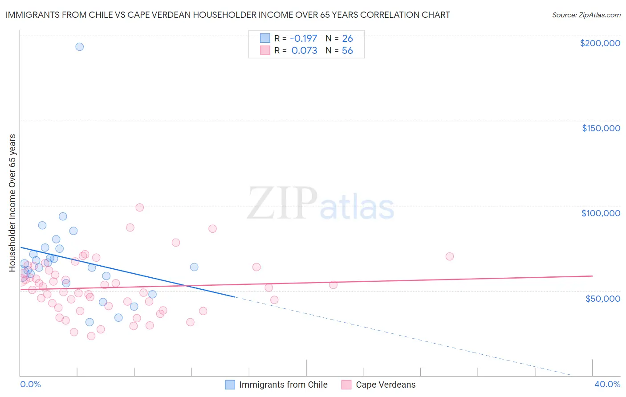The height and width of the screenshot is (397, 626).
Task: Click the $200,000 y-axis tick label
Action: pos(600,43)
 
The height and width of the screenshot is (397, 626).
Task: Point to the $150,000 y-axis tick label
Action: pos(601,128)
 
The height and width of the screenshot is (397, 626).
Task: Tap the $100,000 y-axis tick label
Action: pos(601,213)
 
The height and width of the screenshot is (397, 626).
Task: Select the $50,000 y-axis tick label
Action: pos(602,298)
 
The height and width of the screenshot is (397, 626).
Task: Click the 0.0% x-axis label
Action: pos(30,384)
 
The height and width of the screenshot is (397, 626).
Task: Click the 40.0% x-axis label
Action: pos(607,384)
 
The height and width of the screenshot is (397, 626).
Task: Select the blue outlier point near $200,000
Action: pos(80,47)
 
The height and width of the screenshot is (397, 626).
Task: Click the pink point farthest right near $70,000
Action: pos(450,256)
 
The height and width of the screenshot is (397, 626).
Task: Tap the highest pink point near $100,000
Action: pos(140,207)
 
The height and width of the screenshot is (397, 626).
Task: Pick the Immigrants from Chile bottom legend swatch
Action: pos(230,385)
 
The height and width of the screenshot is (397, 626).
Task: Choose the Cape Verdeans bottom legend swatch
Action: pos(346,385)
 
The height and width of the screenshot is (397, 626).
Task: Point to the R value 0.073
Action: pos(304,51)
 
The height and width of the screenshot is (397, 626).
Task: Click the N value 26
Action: pos(347,38)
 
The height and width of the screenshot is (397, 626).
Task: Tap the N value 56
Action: pos(347,51)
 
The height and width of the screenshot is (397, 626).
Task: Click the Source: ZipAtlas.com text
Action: pos(586,15)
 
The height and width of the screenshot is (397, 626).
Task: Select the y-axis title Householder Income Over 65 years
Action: pos(12,203)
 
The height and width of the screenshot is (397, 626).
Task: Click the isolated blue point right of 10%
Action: pos(194,267)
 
